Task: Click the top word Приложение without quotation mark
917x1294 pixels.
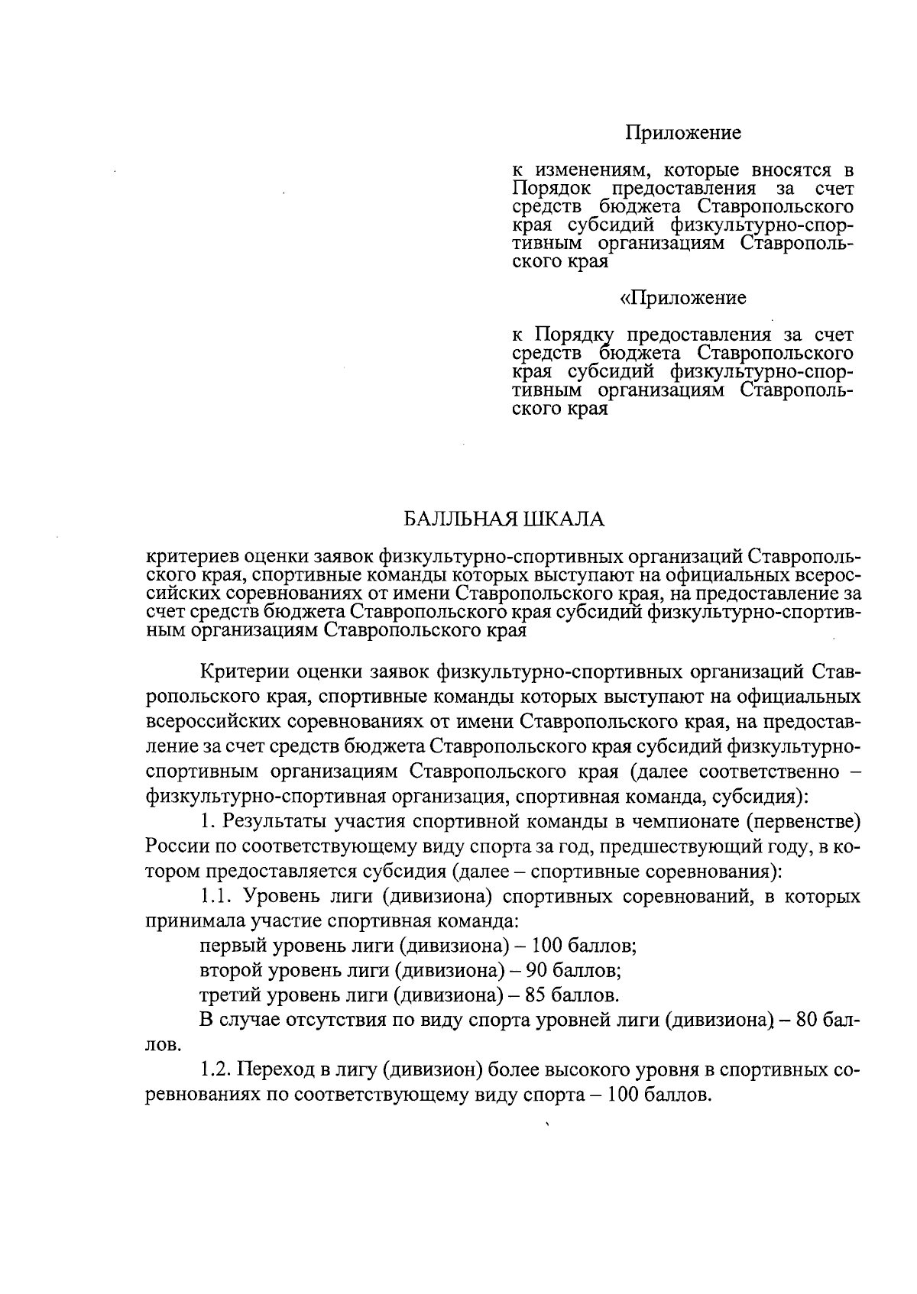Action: tap(683, 133)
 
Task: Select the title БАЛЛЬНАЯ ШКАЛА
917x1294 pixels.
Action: tap(504, 519)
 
